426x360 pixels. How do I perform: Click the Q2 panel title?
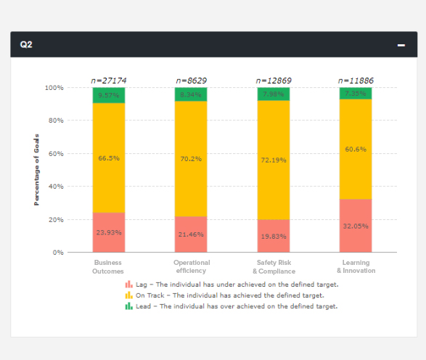pyautogui.click(x=26, y=44)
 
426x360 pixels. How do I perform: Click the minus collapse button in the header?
pyautogui.click(x=401, y=45)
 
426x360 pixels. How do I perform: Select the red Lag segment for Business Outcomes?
pyautogui.click(x=108, y=232)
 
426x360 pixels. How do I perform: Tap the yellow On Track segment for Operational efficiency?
pyautogui.click(x=191, y=158)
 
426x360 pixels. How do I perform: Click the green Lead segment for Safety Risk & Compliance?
pyautogui.click(x=273, y=94)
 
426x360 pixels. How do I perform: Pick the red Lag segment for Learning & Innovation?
pyautogui.click(x=356, y=226)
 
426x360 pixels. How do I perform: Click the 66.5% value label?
pyautogui.click(x=108, y=157)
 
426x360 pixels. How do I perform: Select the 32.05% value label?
pyautogui.click(x=356, y=226)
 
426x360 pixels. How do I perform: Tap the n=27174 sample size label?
pyautogui.click(x=108, y=80)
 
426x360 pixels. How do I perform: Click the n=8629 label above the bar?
pyautogui.click(x=191, y=80)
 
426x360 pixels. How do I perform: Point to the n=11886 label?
pyautogui.click(x=356, y=80)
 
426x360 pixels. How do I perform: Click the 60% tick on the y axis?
pyautogui.click(x=54, y=154)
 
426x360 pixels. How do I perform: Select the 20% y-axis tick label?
pyautogui.click(x=54, y=220)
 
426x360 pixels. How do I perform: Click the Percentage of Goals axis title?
pyautogui.click(x=36, y=169)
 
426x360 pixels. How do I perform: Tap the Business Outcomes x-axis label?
pyautogui.click(x=108, y=266)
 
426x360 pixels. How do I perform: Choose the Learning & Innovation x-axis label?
pyautogui.click(x=356, y=266)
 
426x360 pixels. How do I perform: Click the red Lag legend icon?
pyautogui.click(x=128, y=285)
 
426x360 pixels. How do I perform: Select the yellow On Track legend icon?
pyautogui.click(x=128, y=295)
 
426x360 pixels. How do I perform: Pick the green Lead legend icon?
pyautogui.click(x=128, y=306)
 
